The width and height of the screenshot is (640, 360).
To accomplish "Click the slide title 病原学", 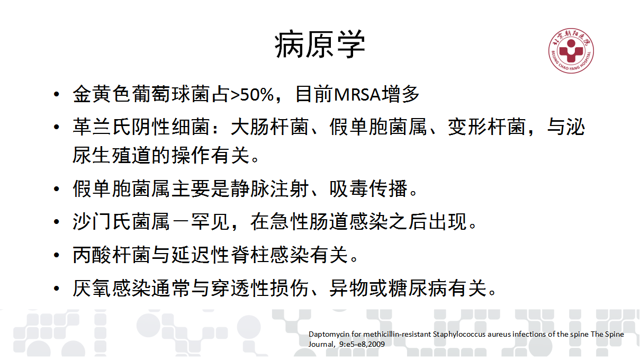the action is [x=320, y=44].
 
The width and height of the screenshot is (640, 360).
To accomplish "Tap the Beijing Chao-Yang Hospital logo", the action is [x=571, y=51].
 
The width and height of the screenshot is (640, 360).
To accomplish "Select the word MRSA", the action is [x=357, y=95].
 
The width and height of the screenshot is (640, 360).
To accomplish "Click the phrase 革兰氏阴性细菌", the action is [x=141, y=127].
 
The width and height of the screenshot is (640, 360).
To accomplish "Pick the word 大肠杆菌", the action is [x=269, y=127].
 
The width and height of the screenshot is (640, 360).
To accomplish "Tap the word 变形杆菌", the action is [x=486, y=127].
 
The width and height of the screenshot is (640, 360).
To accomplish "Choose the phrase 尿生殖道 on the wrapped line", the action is [x=112, y=156].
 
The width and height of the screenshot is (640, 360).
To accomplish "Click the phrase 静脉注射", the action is [x=269, y=188].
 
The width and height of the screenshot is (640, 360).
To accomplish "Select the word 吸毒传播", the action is [x=368, y=188].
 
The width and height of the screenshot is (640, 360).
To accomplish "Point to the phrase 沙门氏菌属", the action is [x=121, y=222].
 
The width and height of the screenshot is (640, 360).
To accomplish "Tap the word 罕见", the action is [x=210, y=222].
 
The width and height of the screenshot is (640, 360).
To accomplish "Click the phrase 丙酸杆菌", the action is [x=112, y=255].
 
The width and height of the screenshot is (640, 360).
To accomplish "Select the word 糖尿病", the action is [x=418, y=288].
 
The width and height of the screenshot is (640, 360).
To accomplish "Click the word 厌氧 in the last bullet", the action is [x=92, y=288].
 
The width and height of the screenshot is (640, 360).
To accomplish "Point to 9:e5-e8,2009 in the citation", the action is [x=362, y=344].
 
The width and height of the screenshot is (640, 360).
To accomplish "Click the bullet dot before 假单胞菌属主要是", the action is [x=57, y=189].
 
